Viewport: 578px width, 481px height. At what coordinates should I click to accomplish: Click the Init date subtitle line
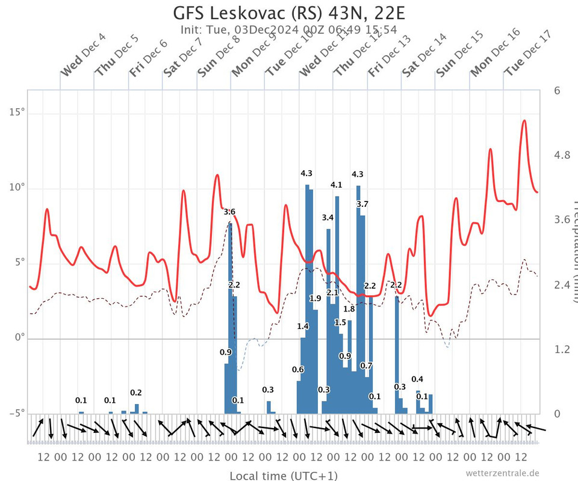[289, 29]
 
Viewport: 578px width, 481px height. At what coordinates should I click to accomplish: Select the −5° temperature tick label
[17, 414]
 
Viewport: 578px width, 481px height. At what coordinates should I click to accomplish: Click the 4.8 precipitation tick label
[562, 155]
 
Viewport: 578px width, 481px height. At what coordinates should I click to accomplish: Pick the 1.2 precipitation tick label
[562, 349]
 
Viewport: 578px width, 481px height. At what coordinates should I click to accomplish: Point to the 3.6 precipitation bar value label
[229, 212]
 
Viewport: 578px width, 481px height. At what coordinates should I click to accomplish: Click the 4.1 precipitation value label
[336, 185]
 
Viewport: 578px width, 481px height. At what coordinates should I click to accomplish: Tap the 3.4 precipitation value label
[328, 217]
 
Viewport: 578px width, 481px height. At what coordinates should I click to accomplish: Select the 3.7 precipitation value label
[362, 204]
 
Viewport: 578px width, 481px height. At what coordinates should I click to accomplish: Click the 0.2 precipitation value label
[136, 393]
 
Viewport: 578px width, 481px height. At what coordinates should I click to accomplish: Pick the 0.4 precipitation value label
[417, 379]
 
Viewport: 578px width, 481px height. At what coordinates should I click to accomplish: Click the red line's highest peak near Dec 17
[524, 120]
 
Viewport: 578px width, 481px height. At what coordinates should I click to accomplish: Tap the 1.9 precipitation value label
[315, 298]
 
